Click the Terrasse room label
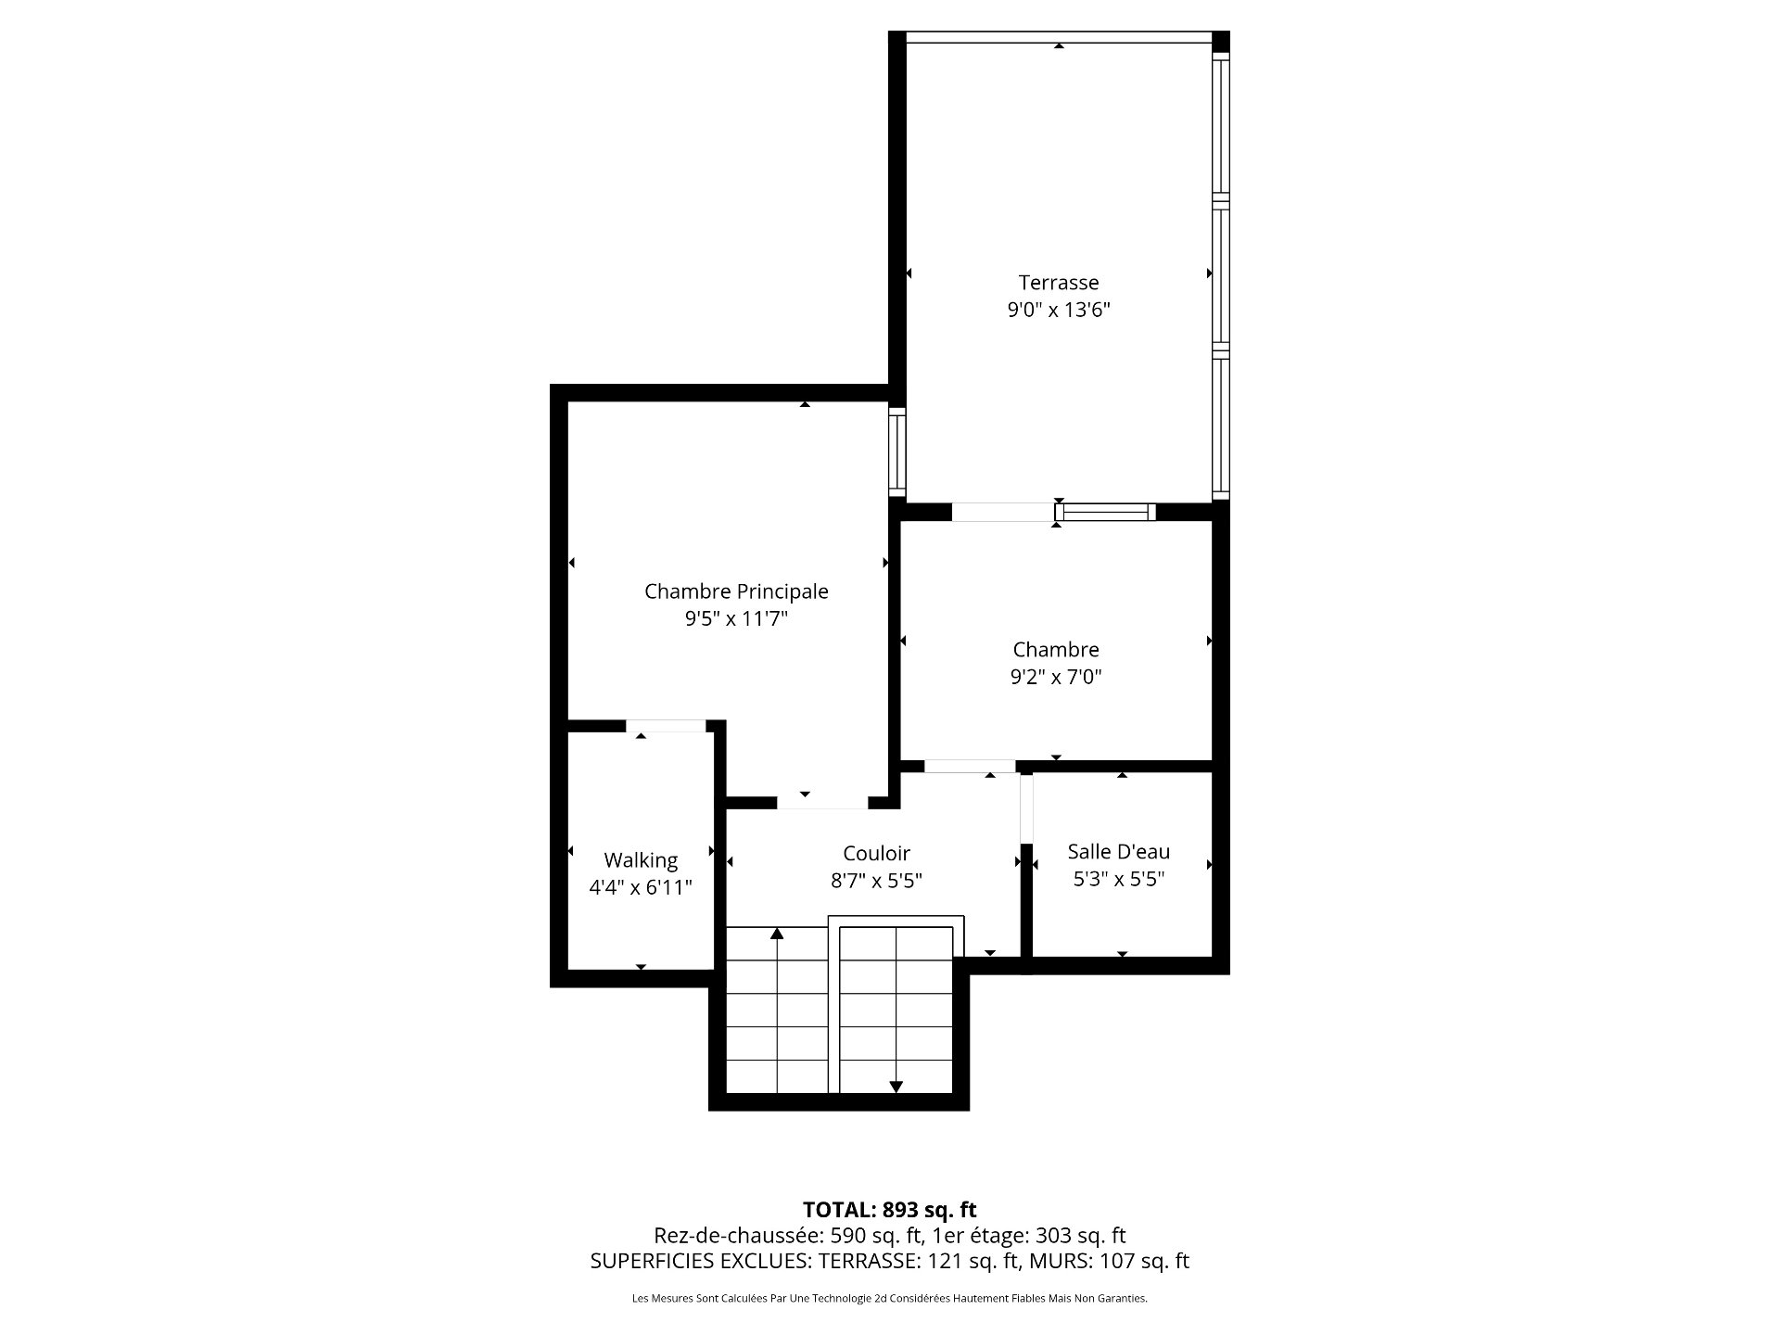pyautogui.click(x=1059, y=283)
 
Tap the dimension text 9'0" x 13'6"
pyautogui.click(x=1059, y=310)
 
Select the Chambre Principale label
pyautogui.click(x=736, y=591)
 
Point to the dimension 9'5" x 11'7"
pyautogui.click(x=736, y=618)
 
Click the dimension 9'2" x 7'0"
pyautogui.click(x=1056, y=677)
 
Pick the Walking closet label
pyautogui.click(x=641, y=861)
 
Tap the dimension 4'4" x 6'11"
pyautogui.click(x=641, y=888)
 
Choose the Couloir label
pyautogui.click(x=876, y=853)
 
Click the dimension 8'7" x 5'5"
pyautogui.click(x=876, y=881)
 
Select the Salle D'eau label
pyautogui.click(x=1119, y=851)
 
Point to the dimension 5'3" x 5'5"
pyautogui.click(x=1119, y=879)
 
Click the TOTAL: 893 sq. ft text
pyautogui.click(x=890, y=1210)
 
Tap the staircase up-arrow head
pyautogui.click(x=777, y=933)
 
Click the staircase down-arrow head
pyautogui.click(x=896, y=1087)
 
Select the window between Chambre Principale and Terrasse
pyautogui.click(x=896, y=451)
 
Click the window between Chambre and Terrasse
pyautogui.click(x=1105, y=512)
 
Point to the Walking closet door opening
pyautogui.click(x=666, y=726)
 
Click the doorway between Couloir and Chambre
pyautogui.click(x=970, y=767)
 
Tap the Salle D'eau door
pyautogui.click(x=1026, y=808)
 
